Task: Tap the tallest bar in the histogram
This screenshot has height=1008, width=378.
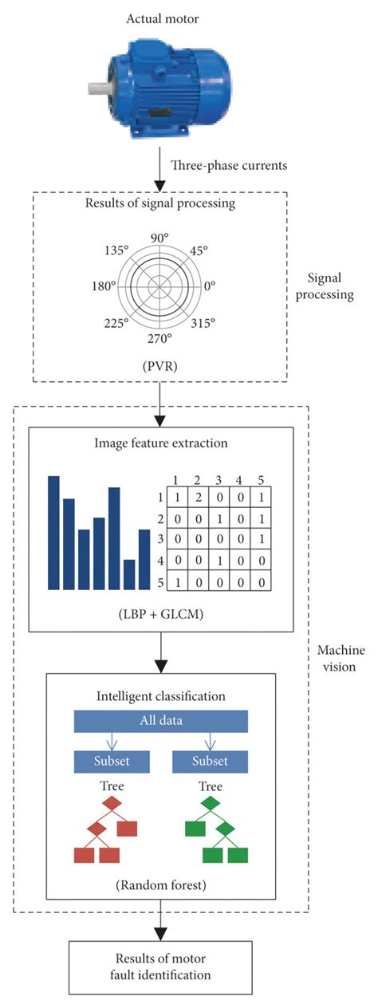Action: coord(54,532)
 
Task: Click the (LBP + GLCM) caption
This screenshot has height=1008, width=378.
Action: coord(160,616)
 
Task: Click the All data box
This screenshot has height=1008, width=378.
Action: coord(161,721)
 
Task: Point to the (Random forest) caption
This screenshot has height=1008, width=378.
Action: coord(160,886)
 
